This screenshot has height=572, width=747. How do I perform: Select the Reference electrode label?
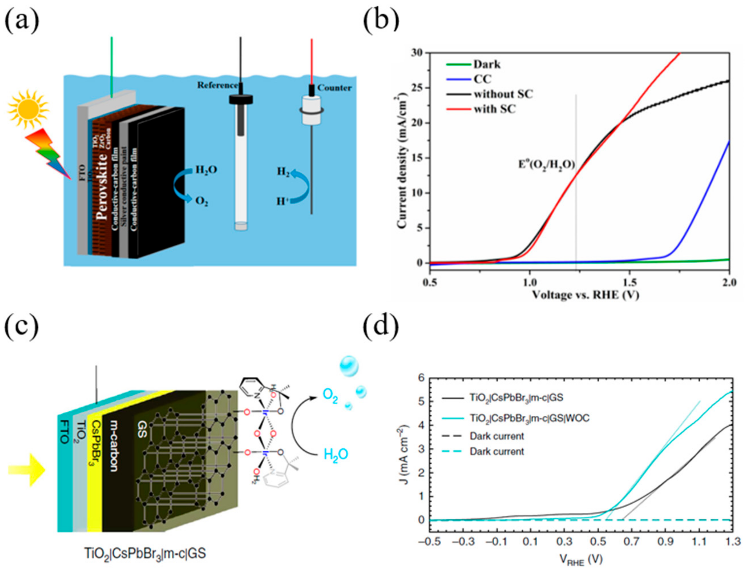click(217, 85)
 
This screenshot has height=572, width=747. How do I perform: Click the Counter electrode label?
click(335, 88)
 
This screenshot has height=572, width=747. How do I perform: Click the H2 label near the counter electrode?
click(283, 171)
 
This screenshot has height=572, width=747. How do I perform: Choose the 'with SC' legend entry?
click(495, 109)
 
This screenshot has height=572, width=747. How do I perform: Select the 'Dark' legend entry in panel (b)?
click(487, 64)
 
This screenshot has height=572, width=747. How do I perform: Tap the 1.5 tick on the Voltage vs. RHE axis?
click(629, 282)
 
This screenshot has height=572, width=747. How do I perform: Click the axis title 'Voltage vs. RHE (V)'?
click(585, 295)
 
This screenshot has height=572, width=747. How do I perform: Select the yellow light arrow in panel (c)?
click(27, 470)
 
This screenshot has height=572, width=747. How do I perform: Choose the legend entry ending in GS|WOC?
click(529, 418)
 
